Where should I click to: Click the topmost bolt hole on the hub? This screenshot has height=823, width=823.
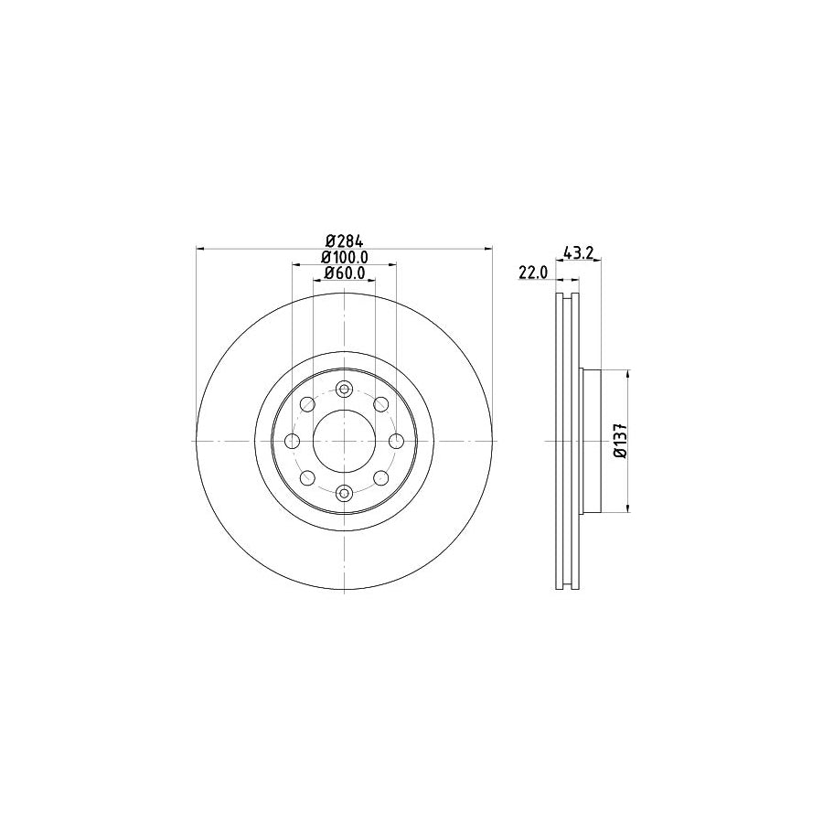[344, 390]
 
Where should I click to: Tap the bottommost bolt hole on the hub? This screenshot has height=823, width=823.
[344, 494]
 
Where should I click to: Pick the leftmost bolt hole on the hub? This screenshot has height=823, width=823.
[293, 442]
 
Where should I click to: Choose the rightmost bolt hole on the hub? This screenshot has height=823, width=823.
[396, 442]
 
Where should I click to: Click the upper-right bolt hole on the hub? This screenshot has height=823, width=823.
[380, 404]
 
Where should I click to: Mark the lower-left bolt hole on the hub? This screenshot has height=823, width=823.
[307, 478]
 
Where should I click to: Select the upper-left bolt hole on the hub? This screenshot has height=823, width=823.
[307, 404]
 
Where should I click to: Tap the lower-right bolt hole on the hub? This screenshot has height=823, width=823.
[380, 478]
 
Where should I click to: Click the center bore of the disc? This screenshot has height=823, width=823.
[344, 442]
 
